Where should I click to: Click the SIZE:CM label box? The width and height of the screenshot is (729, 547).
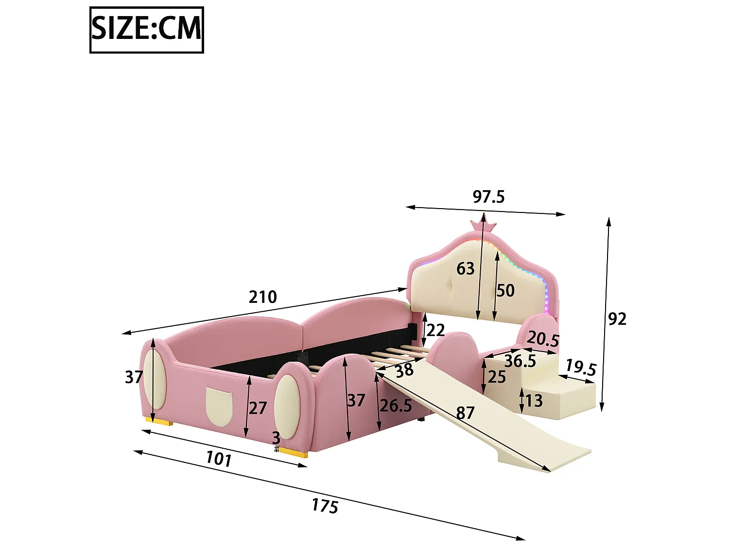146,30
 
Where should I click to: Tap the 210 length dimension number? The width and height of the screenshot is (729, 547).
263,297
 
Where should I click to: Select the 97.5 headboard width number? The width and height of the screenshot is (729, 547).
488,197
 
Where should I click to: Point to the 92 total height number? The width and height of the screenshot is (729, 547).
617,319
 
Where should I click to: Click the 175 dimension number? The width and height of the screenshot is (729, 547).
325,506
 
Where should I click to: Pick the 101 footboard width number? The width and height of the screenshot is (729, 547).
219,459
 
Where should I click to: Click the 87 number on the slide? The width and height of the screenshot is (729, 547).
465,413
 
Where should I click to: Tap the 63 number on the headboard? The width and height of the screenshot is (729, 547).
465,268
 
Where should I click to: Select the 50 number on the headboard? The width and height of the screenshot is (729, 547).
505,290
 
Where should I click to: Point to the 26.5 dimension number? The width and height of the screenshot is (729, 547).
396,405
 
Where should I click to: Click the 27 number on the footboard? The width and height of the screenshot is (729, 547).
258,408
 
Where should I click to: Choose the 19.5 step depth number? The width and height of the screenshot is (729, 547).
581,368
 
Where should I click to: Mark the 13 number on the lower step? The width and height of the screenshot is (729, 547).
534,401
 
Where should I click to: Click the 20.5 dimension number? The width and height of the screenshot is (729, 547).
543,339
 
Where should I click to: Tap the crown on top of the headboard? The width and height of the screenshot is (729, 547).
483,226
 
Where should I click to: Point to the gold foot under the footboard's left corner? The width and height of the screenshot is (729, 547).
158,421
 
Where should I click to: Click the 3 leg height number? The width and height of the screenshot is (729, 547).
276,438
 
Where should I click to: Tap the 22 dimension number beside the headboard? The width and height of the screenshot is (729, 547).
435,331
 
